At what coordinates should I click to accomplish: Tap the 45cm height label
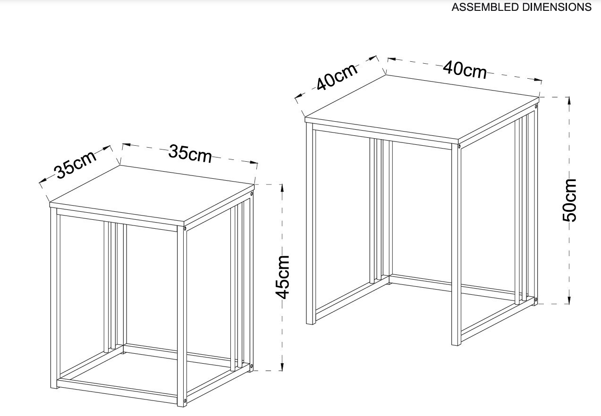tap(282, 277)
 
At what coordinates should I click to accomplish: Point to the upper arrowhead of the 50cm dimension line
tap(569, 102)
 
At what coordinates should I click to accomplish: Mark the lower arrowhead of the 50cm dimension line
tap(569, 300)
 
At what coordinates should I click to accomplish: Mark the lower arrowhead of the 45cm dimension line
tap(282, 366)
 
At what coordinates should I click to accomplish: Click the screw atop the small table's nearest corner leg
tap(185, 229)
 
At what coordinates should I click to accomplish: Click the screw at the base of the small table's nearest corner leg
tap(185, 400)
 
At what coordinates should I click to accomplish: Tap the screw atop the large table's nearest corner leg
tap(459, 147)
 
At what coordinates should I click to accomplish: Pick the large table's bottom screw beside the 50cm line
tap(535, 299)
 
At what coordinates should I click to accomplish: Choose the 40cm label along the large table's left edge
tap(336, 77)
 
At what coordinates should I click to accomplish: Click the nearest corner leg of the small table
tap(181, 316)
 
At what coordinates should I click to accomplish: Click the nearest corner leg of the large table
tap(456, 245)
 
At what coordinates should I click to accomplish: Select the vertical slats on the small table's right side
tap(239, 283)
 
